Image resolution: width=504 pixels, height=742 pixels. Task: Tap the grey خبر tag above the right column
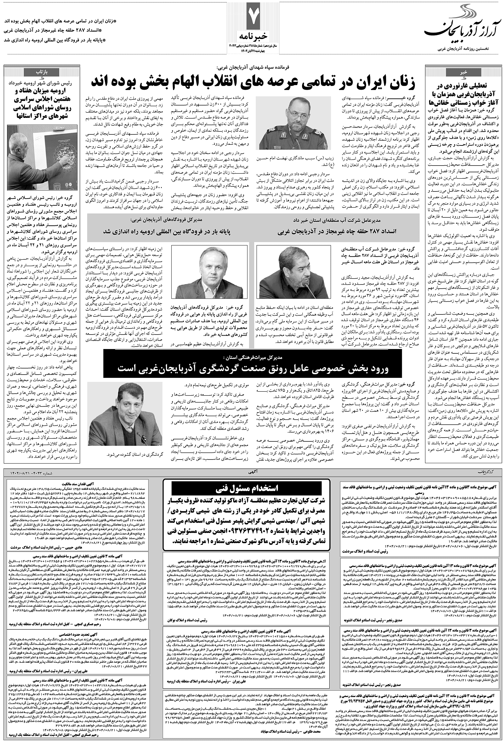[463, 73]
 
